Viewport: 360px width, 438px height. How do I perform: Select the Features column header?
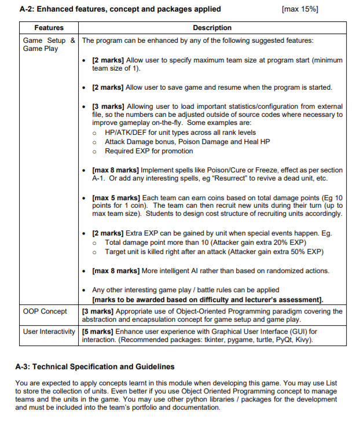49,28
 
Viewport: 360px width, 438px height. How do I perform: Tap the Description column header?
212,28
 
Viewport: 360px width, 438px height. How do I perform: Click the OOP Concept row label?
45,311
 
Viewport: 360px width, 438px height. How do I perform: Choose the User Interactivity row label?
49,332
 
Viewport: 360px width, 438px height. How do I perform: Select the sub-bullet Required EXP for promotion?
149,151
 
